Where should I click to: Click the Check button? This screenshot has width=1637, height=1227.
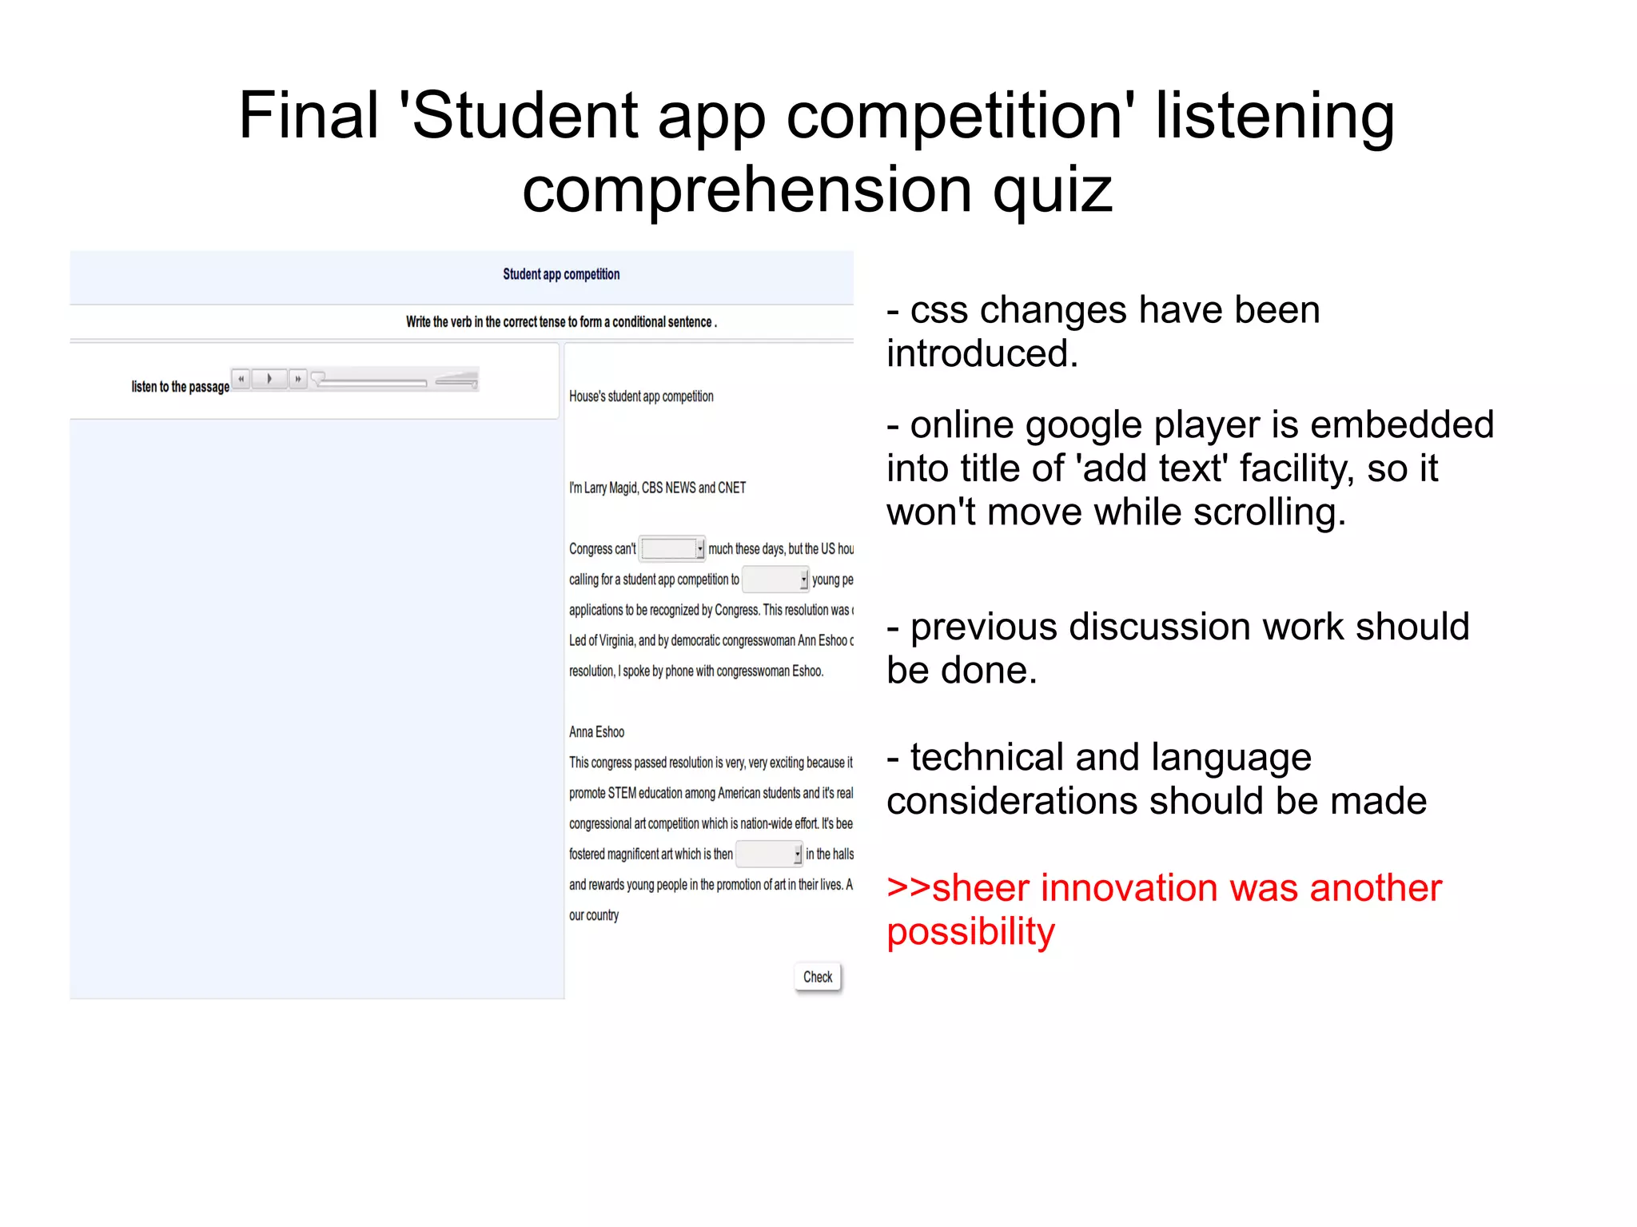[x=817, y=977]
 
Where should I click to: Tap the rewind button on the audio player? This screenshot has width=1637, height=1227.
[x=241, y=378]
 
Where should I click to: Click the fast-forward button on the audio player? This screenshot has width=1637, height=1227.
[x=297, y=378]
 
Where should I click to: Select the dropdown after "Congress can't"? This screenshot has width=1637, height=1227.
[x=672, y=548]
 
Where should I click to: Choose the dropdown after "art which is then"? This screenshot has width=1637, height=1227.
[x=768, y=854]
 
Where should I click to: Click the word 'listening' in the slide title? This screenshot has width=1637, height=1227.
[x=1274, y=116]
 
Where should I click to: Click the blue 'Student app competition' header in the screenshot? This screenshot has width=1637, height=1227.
[x=561, y=274]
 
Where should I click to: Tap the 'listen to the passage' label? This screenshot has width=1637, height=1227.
[x=180, y=387]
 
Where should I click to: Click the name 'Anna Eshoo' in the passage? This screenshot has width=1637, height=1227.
[x=596, y=731]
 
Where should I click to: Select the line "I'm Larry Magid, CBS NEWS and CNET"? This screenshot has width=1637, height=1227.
[x=657, y=488]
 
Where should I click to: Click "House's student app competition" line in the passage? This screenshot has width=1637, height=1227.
[x=641, y=396]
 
